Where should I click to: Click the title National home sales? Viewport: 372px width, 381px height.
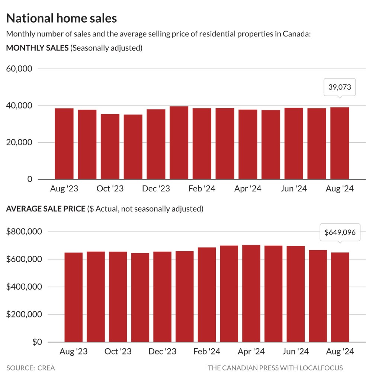tap(61, 18)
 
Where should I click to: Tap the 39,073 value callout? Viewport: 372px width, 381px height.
tap(340, 87)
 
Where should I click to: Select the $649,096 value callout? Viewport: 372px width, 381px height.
tap(340, 232)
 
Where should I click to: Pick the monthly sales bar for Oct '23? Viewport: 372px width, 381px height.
tap(110, 146)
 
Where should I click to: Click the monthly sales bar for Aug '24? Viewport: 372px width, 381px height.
tap(340, 143)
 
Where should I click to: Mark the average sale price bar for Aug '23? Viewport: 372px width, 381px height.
tap(74, 297)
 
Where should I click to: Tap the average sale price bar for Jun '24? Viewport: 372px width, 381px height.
tap(296, 294)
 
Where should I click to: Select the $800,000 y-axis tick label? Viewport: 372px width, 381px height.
tap(24, 232)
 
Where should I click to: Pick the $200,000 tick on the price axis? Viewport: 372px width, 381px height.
tap(24, 314)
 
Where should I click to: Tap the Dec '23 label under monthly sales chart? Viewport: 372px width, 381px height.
tap(156, 188)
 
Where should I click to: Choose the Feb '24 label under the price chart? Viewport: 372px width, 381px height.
tap(207, 351)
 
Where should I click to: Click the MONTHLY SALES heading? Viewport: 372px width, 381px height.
tap(38, 48)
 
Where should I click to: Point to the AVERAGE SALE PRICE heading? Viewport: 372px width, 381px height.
tap(46, 209)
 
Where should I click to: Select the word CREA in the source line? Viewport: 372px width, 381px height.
tap(46, 368)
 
